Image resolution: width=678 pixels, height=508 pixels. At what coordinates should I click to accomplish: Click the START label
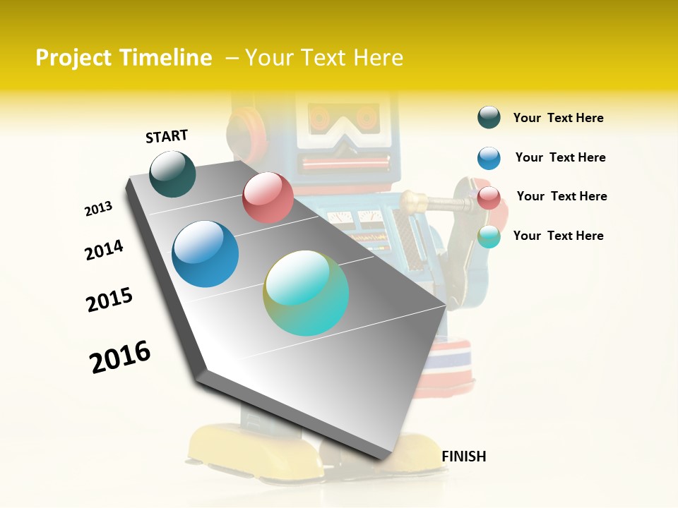(167, 136)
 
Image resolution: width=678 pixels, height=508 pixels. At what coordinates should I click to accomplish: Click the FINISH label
(463, 456)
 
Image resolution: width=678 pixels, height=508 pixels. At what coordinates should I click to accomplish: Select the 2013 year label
(98, 209)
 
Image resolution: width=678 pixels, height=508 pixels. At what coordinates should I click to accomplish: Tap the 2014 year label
(104, 250)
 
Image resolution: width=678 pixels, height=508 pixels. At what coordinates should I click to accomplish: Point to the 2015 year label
(109, 300)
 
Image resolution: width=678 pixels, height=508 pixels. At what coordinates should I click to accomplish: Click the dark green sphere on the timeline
(173, 174)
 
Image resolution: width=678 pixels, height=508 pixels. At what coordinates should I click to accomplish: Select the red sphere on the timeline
(268, 198)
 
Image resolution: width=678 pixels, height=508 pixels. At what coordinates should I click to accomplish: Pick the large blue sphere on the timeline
(206, 254)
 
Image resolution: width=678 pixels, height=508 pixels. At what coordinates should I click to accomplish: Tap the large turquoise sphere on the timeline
(306, 293)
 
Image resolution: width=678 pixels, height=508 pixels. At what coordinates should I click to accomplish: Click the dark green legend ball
(489, 117)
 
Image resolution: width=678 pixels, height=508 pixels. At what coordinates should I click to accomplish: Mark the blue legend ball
(489, 158)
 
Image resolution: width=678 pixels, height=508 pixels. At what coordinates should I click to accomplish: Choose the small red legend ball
(489, 198)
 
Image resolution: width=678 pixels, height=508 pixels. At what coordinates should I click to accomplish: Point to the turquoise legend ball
(489, 236)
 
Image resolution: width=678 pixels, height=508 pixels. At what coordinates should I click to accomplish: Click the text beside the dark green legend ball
(558, 118)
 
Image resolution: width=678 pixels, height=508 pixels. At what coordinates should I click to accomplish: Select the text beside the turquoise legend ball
(558, 236)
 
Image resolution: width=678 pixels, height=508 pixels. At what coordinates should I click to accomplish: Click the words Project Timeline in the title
(124, 58)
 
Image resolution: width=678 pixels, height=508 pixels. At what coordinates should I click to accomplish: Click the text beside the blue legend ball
(560, 157)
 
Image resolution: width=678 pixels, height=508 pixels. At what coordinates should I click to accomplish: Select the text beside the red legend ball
(561, 196)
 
